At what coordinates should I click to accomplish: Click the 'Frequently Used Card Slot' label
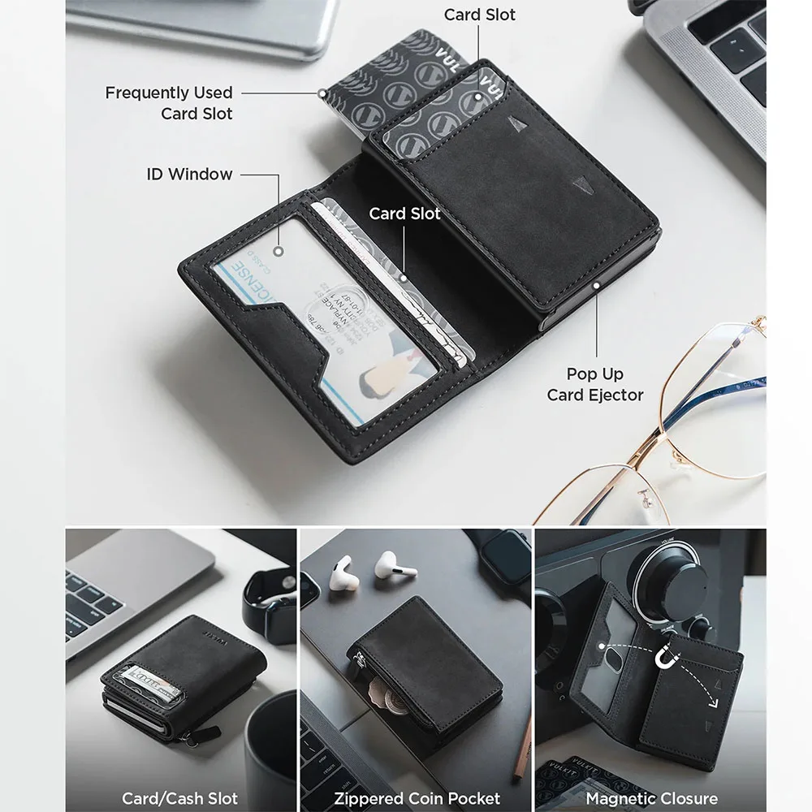[169, 103]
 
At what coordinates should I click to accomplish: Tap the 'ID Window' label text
[189, 174]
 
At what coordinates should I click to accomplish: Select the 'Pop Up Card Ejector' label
[595, 384]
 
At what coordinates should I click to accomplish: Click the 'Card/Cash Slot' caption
[179, 798]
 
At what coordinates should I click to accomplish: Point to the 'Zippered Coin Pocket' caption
[417, 798]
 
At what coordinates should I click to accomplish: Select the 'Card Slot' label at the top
[480, 15]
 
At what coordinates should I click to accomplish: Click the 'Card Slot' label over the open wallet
[404, 214]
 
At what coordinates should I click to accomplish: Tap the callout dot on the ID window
[278, 252]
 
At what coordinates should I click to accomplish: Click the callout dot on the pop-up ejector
[597, 286]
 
